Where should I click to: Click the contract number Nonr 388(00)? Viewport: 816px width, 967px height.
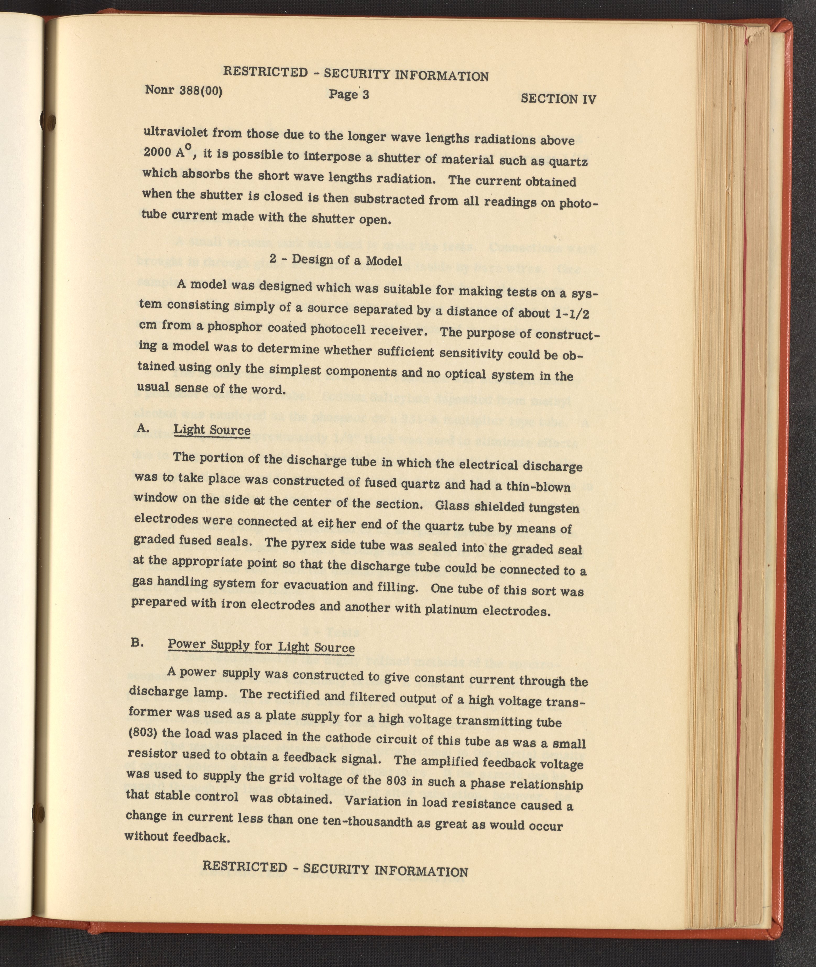point(184,90)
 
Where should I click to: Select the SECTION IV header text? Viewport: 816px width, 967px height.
point(558,99)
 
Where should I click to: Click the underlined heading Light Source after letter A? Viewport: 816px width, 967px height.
point(212,430)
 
